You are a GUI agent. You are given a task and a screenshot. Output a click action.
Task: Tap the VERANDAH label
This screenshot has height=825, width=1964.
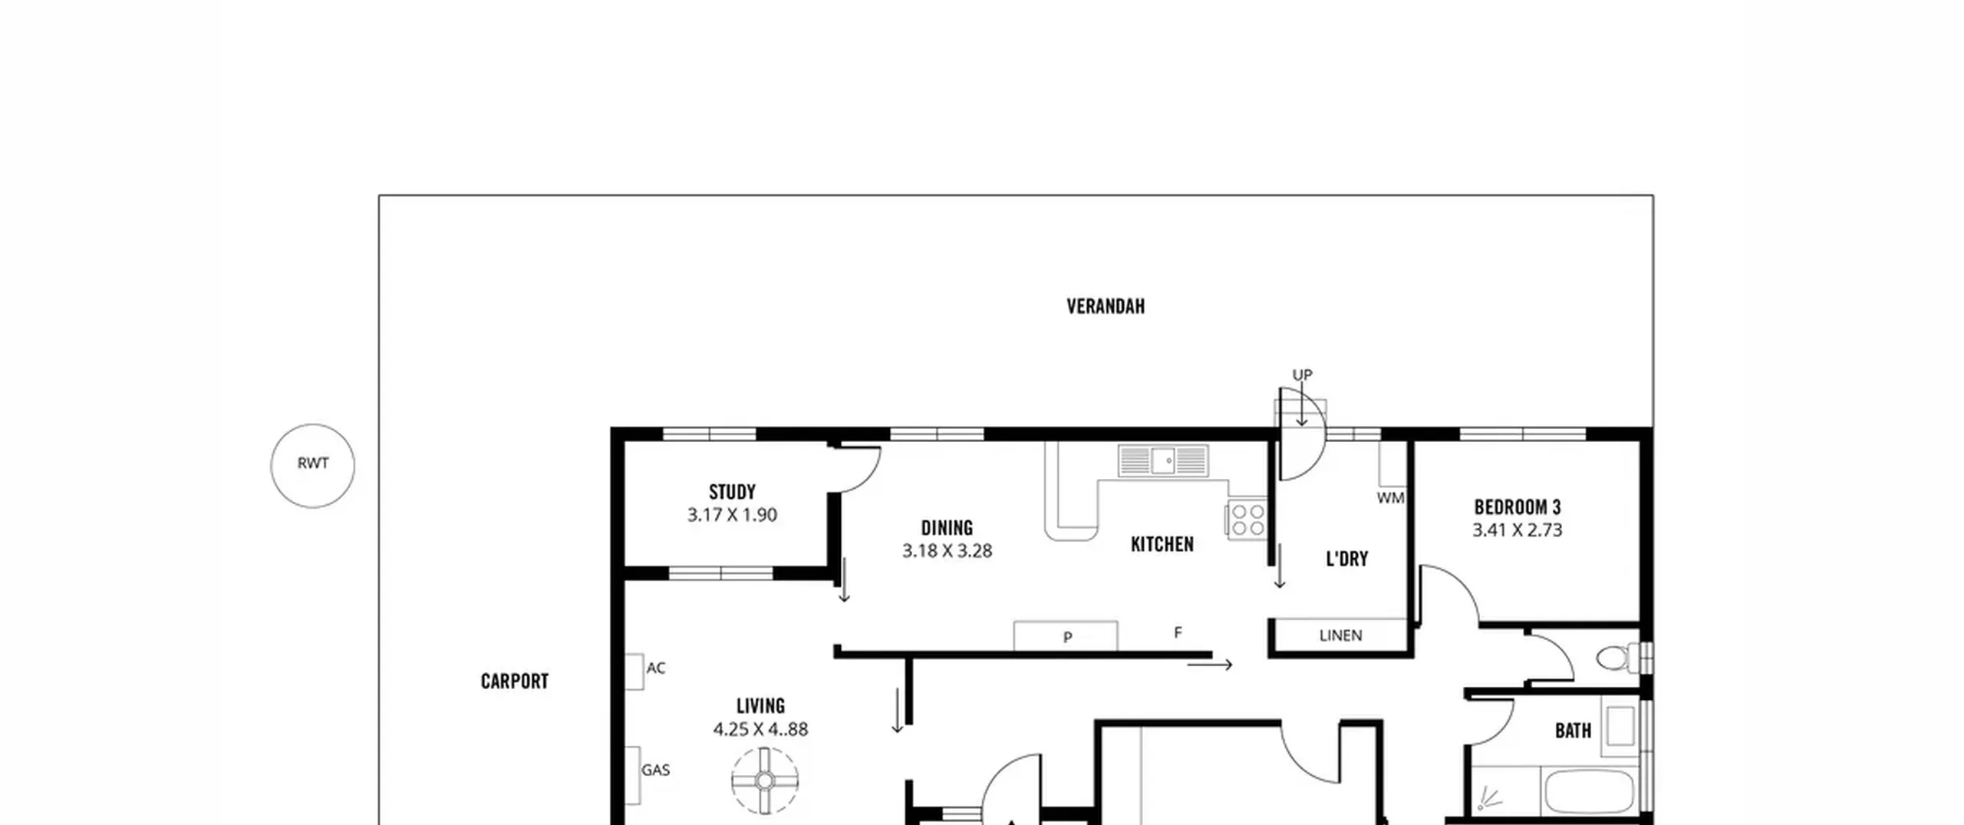pyautogui.click(x=1106, y=307)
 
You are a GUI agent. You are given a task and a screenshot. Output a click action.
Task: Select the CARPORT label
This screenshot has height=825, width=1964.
pyautogui.click(x=515, y=681)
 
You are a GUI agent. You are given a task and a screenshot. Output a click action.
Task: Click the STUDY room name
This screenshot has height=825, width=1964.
pyautogui.click(x=732, y=492)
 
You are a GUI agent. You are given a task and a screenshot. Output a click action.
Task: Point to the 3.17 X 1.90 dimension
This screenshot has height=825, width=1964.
pyautogui.click(x=732, y=515)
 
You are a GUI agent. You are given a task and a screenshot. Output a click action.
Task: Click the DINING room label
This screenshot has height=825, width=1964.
pyautogui.click(x=947, y=528)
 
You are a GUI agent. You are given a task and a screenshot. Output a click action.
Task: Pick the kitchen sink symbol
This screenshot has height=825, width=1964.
pyautogui.click(x=1163, y=460)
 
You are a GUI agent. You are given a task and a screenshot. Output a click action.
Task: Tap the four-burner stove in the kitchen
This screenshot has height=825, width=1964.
pyautogui.click(x=1247, y=520)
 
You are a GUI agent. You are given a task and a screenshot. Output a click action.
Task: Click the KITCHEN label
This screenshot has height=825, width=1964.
pyautogui.click(x=1162, y=544)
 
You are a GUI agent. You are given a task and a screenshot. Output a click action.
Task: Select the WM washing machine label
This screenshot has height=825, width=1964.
pyautogui.click(x=1390, y=498)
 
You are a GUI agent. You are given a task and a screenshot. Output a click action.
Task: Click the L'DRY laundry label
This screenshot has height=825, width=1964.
pyautogui.click(x=1347, y=559)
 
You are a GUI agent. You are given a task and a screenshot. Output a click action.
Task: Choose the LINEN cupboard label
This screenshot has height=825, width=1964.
pyautogui.click(x=1341, y=635)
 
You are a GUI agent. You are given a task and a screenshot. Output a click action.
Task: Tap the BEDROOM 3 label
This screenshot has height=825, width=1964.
pyautogui.click(x=1517, y=507)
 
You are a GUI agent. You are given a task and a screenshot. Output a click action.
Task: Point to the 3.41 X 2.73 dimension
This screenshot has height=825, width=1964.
pyautogui.click(x=1517, y=530)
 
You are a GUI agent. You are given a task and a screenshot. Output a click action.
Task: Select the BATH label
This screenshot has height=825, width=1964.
pyautogui.click(x=1573, y=731)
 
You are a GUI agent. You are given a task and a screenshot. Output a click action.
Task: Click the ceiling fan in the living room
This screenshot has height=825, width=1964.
pyautogui.click(x=765, y=780)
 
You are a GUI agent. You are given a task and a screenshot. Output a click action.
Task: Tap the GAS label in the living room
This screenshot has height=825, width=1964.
pyautogui.click(x=656, y=770)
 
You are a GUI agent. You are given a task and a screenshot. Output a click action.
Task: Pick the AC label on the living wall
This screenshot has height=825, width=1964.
pyautogui.click(x=656, y=668)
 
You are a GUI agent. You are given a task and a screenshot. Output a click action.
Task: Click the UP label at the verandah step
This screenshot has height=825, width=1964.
pyautogui.click(x=1303, y=375)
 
